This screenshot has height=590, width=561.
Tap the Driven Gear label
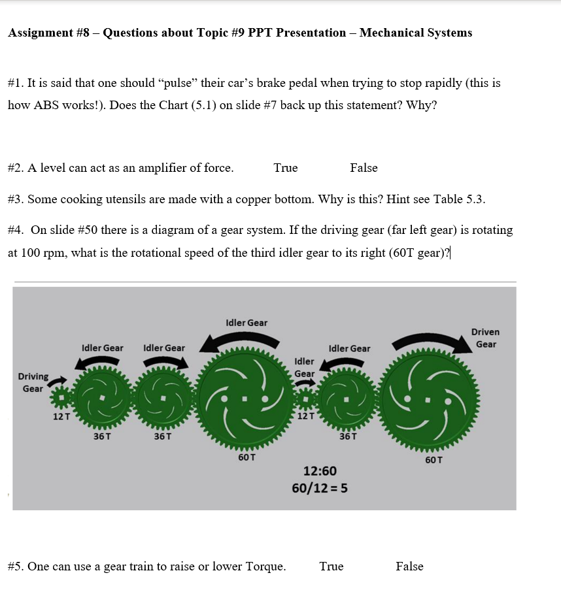tap(485, 338)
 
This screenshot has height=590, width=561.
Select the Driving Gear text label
tap(33, 382)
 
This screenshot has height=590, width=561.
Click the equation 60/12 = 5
tap(320, 488)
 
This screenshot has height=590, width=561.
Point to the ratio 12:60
tap(320, 470)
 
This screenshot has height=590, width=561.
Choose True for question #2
tap(286, 168)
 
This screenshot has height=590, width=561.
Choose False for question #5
tap(409, 566)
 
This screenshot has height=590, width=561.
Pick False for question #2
tap(364, 168)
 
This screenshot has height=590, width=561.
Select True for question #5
tap(331, 566)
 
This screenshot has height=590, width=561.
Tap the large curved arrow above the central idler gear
tap(243, 340)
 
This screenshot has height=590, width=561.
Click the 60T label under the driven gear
tap(433, 459)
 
